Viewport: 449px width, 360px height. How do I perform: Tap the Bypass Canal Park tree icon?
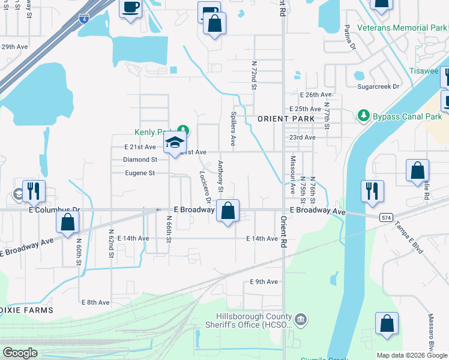coord(363,115)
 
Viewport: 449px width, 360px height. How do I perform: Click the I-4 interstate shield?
coord(84,19)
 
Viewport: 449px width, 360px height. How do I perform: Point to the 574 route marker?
coord(385,217)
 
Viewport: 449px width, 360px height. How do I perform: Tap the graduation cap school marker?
coord(175,143)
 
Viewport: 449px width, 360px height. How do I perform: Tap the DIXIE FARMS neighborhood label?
coord(26,310)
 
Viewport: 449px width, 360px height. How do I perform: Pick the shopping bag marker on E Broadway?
coord(228,211)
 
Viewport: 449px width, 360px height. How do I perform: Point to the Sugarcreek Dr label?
coord(378,87)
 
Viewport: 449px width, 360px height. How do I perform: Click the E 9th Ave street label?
coord(264,281)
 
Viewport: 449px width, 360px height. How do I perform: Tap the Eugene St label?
coord(139,173)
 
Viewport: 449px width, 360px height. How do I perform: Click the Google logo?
coord(20,353)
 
